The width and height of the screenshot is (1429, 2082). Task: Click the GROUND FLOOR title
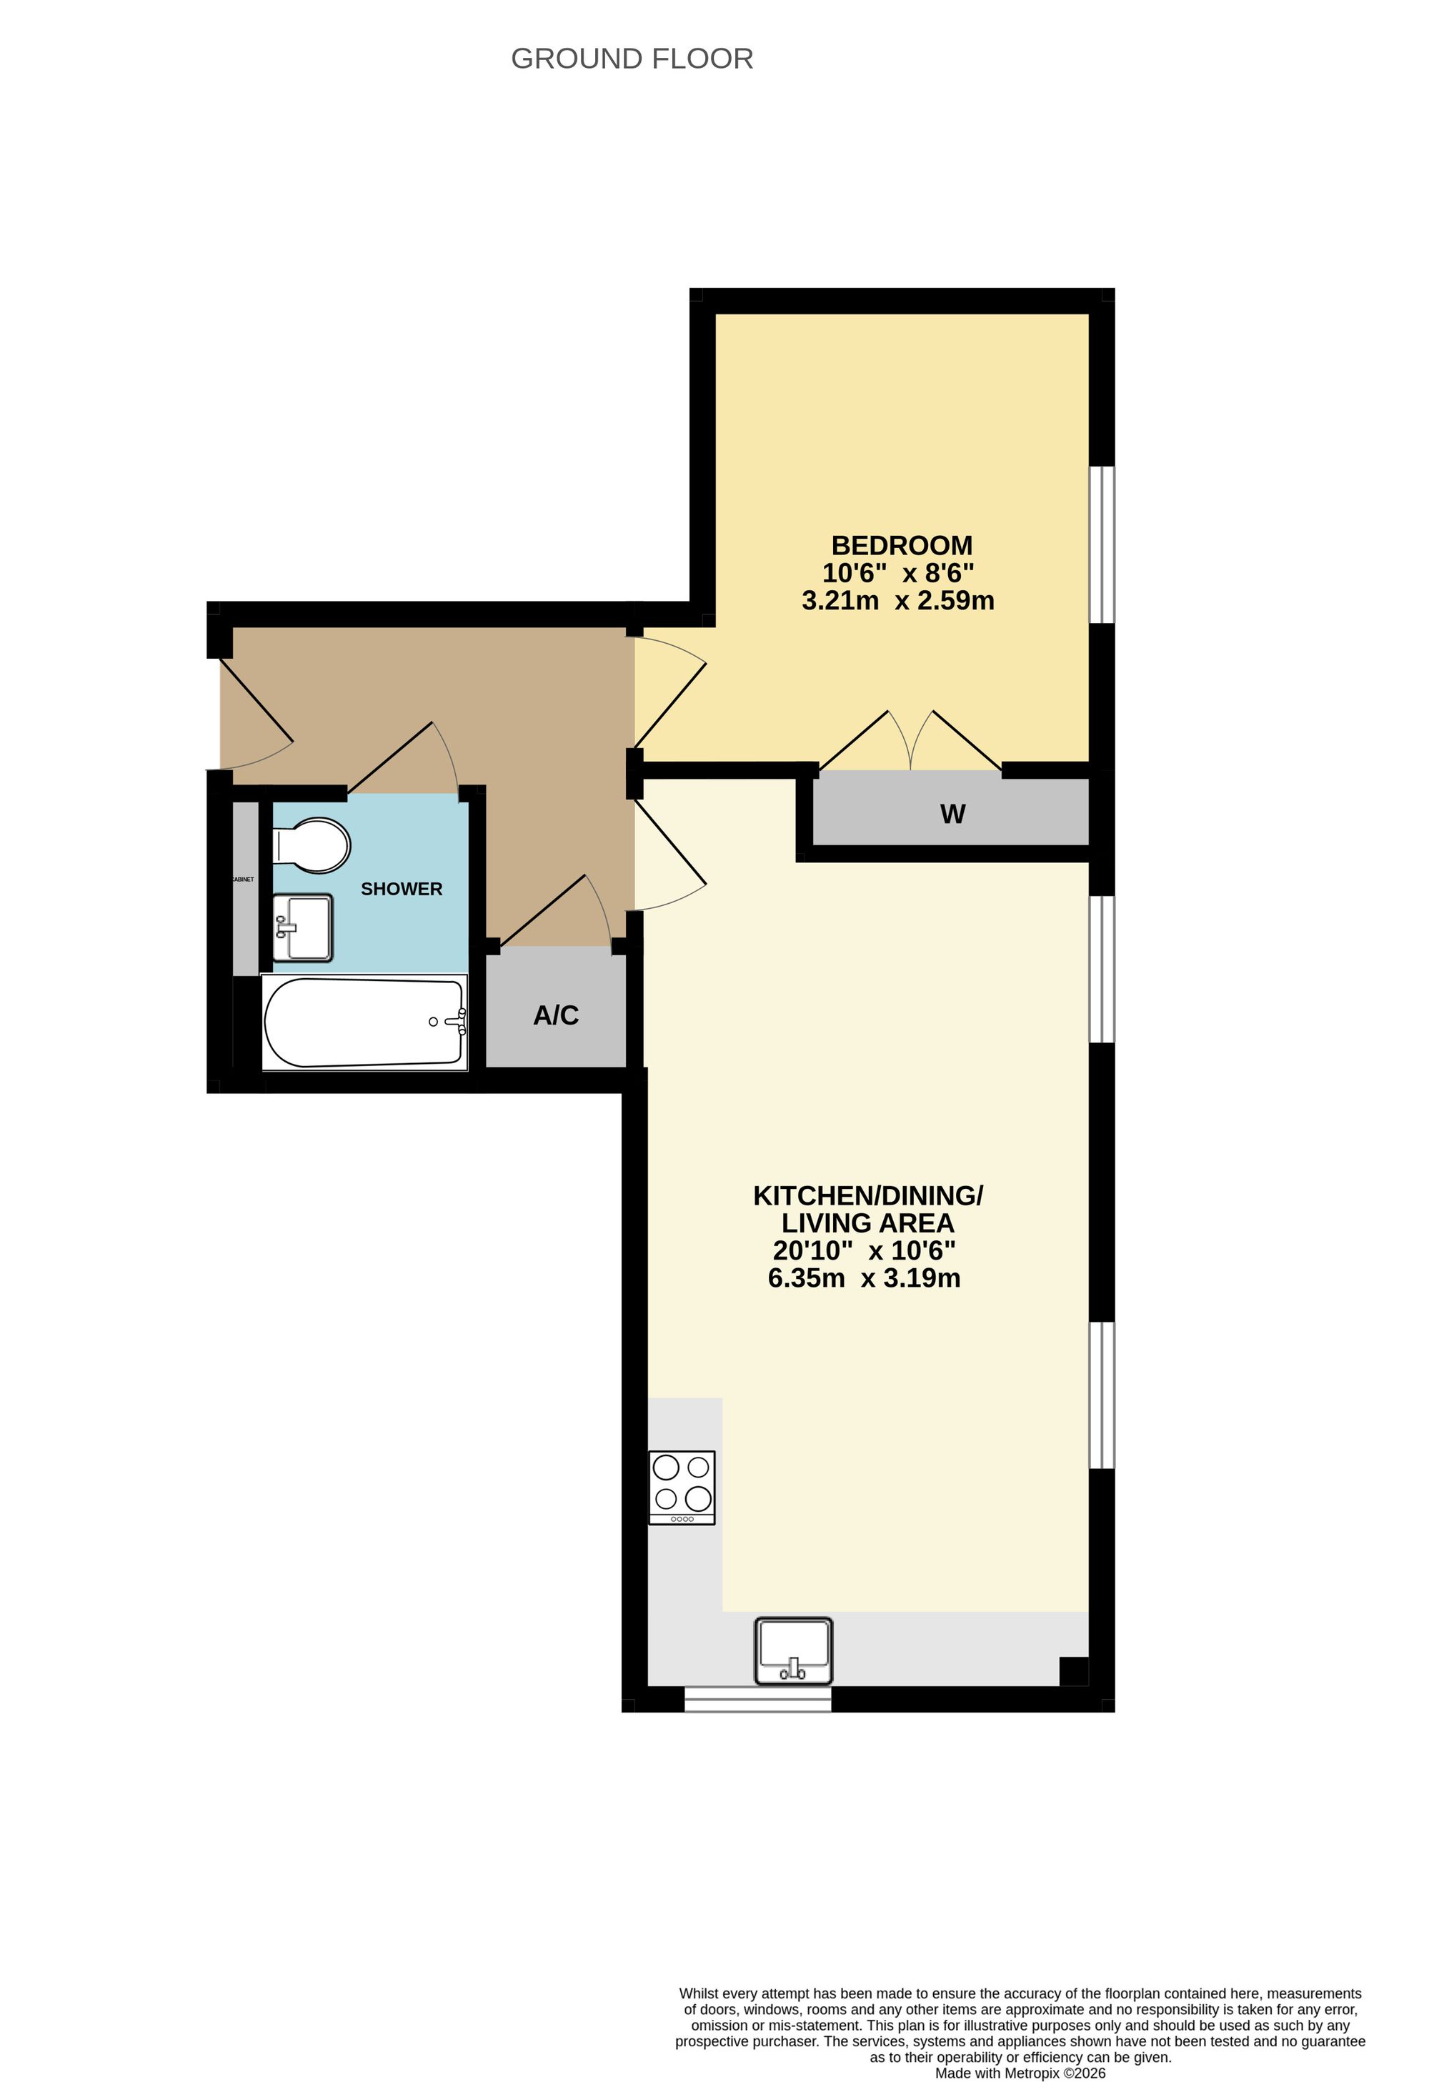(632, 59)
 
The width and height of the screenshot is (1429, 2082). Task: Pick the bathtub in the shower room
(364, 1022)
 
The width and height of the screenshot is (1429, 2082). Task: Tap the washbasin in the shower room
(303, 927)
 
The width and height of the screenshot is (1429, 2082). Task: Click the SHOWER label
(402, 889)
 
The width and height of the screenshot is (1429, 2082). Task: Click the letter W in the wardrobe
(952, 815)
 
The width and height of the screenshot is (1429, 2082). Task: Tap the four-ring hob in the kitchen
(682, 1487)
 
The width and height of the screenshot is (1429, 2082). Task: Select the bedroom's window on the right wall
(1102, 544)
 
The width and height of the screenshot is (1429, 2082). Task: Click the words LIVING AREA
(867, 1223)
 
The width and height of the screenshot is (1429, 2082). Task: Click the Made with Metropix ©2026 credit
(1020, 2073)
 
